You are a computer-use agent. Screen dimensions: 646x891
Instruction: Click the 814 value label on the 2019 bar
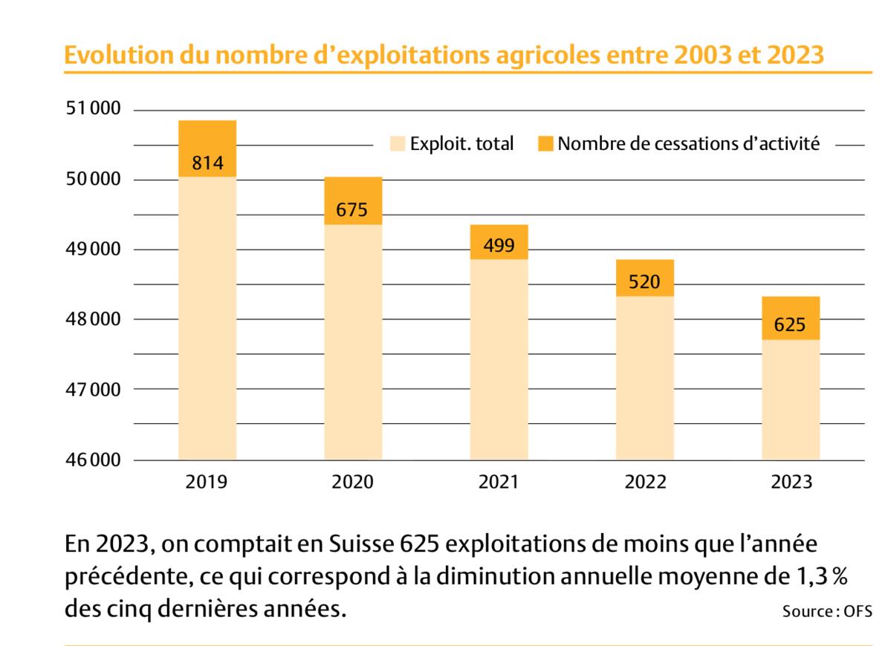coord(207,163)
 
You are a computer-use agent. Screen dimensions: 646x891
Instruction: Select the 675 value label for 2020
coord(351,210)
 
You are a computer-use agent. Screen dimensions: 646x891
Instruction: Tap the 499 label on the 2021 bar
coord(499,246)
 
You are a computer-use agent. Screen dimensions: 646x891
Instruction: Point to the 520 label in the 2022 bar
coord(644,282)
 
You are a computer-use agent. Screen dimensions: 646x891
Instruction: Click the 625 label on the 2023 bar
coord(790,325)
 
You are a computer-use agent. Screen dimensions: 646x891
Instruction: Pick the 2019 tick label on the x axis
coord(207,482)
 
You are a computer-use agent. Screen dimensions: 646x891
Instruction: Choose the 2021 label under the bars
coord(499,482)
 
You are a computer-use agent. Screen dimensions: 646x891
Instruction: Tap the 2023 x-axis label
coord(791,482)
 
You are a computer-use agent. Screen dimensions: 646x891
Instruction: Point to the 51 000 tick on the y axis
coord(93,110)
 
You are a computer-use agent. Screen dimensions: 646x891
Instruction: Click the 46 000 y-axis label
coord(93,460)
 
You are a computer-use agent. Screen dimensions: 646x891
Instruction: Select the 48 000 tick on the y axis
coord(93,320)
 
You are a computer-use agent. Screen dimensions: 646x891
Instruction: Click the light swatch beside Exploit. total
coord(398,144)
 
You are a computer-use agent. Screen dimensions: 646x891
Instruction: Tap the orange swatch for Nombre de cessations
coord(545,144)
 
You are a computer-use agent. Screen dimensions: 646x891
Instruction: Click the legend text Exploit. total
coord(462,144)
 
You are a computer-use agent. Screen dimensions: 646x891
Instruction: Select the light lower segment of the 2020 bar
coord(353,342)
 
